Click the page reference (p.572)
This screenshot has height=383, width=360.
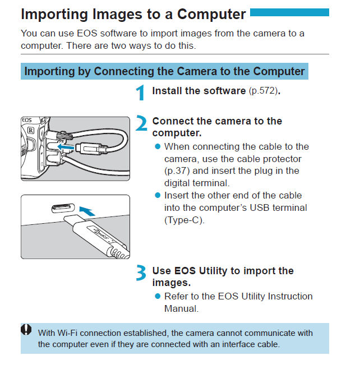coord(264,91)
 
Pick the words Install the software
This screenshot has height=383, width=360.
coord(199,90)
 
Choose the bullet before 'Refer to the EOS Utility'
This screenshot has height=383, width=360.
coord(158,296)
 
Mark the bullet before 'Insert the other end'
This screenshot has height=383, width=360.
coord(158,195)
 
